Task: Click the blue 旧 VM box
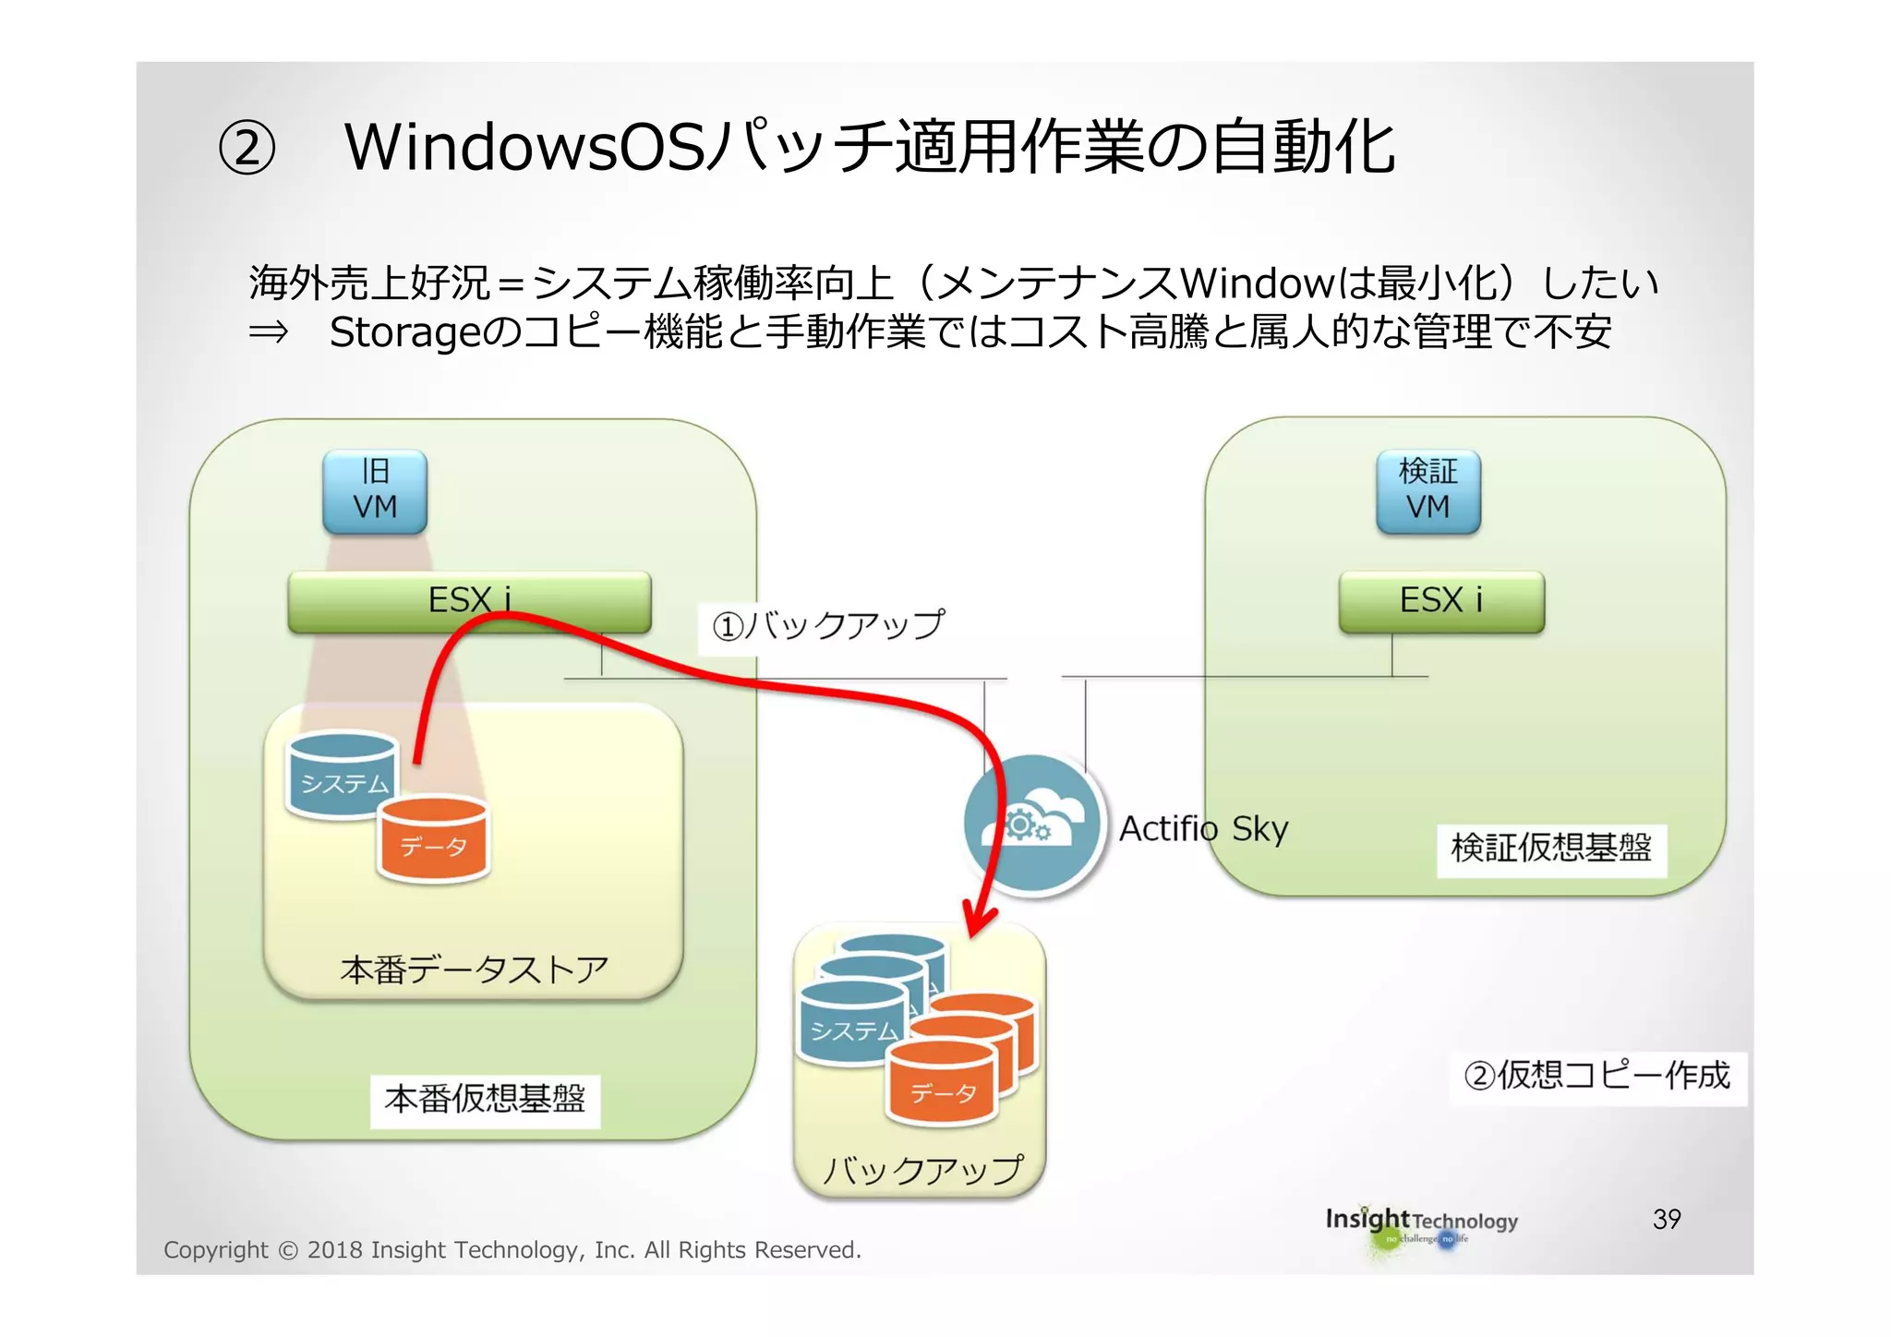point(375,491)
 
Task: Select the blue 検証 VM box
point(1427,491)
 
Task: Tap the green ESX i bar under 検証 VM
point(1441,601)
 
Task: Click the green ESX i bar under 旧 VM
point(469,601)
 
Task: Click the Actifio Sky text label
point(1203,829)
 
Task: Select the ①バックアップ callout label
point(827,627)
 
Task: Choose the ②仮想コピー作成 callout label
point(1597,1077)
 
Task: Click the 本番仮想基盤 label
point(485,1100)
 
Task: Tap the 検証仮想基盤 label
point(1551,849)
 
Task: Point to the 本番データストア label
point(475,970)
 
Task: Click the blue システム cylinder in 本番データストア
point(342,776)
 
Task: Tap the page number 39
point(1667,1220)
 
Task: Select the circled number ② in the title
point(247,149)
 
